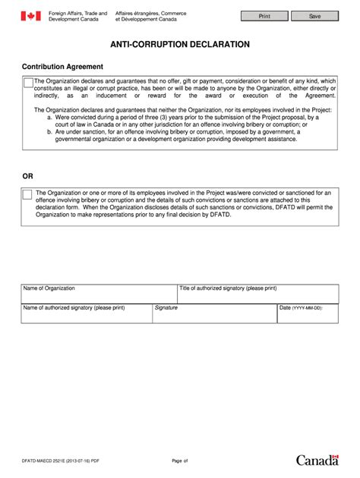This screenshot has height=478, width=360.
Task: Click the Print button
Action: pos(264,15)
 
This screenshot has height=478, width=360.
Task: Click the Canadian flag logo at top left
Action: pos(30,16)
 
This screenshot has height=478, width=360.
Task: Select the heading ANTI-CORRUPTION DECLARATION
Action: pos(180,45)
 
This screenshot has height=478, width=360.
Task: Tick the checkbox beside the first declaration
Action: pos(28,82)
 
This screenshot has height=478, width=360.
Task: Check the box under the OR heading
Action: pos(27,194)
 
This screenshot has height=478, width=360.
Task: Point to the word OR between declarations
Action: pos(27,176)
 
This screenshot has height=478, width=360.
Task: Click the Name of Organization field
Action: pos(99,294)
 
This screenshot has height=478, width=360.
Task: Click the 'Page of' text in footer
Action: pos(179,461)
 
